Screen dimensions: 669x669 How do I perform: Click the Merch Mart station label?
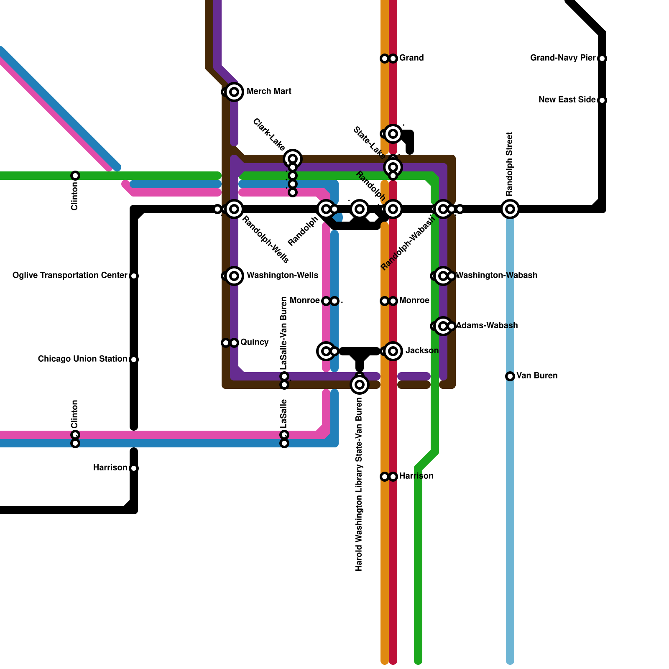coord(269,92)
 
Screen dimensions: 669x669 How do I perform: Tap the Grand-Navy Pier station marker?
coord(602,59)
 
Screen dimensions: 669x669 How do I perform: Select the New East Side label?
coord(567,100)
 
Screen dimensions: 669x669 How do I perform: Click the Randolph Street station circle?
coord(510,209)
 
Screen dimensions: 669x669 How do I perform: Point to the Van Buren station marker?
coord(510,376)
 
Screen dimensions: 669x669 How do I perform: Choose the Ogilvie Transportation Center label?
coord(70,276)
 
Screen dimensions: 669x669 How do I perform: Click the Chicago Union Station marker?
coord(134,360)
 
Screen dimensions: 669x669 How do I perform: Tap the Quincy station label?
coord(254,342)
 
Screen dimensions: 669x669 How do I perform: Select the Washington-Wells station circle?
coord(235,276)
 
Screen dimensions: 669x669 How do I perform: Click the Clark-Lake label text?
coord(269,135)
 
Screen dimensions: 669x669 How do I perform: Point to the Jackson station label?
coord(422,351)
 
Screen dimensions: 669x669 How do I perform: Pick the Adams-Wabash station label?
coord(487,326)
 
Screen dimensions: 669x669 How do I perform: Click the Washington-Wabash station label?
coord(496,276)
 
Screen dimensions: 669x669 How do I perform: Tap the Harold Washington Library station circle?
coord(360,385)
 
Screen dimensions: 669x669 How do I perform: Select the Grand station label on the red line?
coord(411,58)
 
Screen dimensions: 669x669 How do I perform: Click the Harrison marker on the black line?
coord(134,468)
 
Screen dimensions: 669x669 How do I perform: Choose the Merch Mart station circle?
coord(235,92)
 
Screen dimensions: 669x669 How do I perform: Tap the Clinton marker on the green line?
coord(75,176)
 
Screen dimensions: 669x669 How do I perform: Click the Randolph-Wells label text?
coord(266,240)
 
